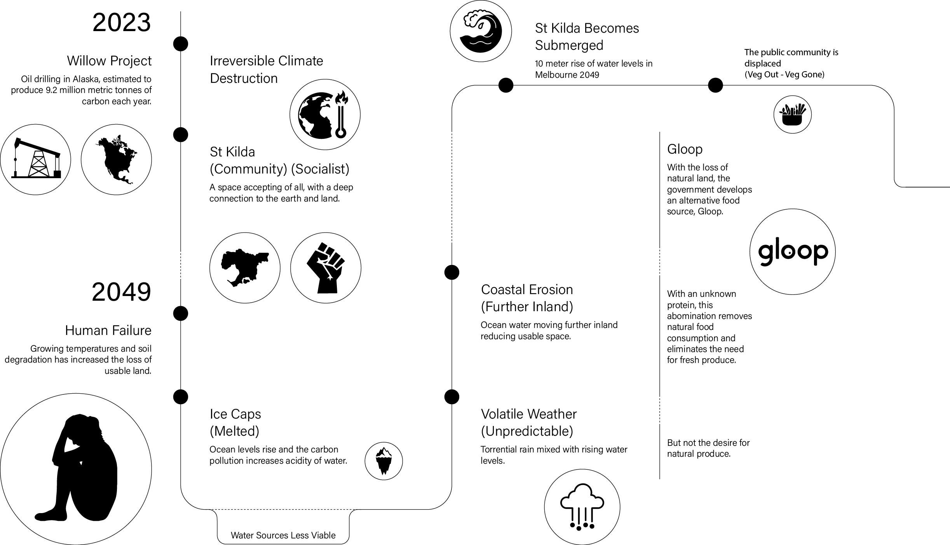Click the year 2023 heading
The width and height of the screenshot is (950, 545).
(x=121, y=23)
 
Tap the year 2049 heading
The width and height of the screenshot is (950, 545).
(x=121, y=292)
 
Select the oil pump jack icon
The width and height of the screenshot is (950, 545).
(x=36, y=159)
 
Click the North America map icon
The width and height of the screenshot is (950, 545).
(x=116, y=159)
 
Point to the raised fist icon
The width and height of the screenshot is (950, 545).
(x=326, y=268)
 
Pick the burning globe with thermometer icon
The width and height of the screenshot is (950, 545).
(x=325, y=114)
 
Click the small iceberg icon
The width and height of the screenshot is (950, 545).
(x=383, y=461)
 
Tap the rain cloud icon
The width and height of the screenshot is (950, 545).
(x=582, y=507)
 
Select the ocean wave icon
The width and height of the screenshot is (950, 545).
(x=481, y=31)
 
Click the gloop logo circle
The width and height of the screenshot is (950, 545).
(x=792, y=252)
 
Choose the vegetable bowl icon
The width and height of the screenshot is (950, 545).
(x=792, y=114)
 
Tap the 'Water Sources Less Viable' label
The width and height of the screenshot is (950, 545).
(x=283, y=535)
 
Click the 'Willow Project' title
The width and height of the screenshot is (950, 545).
(x=109, y=61)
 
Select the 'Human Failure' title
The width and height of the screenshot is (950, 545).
(x=108, y=330)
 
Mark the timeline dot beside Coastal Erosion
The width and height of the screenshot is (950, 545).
(x=451, y=272)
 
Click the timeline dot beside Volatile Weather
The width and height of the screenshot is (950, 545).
(x=451, y=397)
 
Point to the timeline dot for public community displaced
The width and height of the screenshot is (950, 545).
(x=715, y=85)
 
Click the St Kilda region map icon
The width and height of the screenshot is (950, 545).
(x=245, y=268)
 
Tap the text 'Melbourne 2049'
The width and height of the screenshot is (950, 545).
(x=567, y=75)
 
